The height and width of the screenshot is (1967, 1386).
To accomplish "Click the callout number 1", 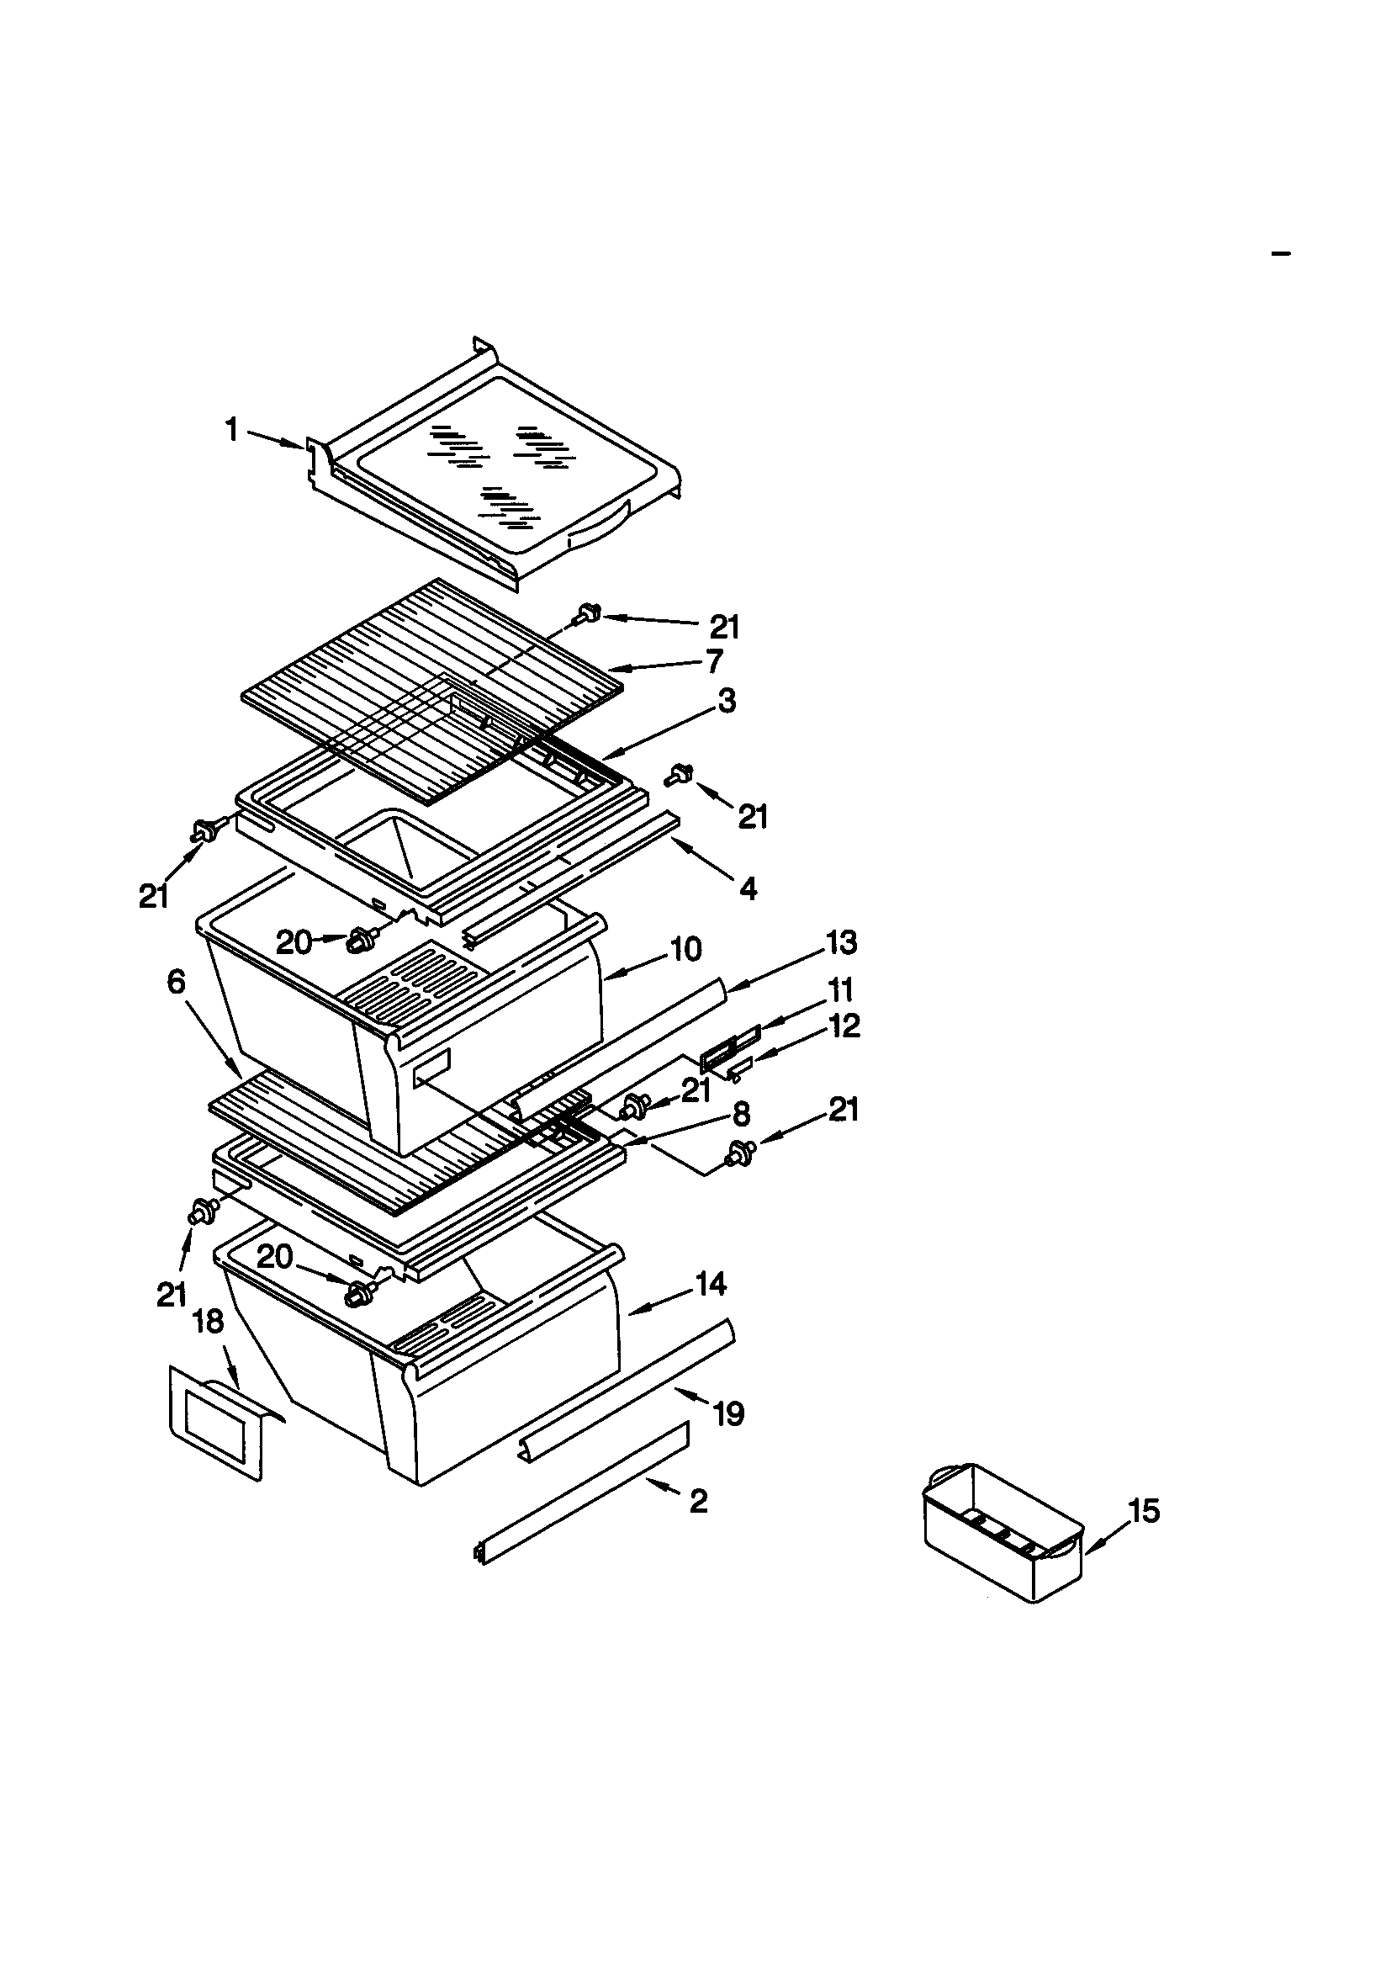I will pos(231,429).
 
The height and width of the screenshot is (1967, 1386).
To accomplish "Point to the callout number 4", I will pos(748,888).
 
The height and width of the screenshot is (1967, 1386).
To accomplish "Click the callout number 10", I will pos(685,948).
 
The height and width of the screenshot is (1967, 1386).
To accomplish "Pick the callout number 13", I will pos(840,942).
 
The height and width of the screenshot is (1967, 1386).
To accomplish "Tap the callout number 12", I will pos(844,1025).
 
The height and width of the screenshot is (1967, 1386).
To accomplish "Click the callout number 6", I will pos(176,982).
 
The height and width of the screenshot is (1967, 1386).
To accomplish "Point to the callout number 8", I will pos(741,1114).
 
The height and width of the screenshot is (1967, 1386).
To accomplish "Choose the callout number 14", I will pos(710,1283).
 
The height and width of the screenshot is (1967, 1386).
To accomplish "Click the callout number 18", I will pos(209,1322).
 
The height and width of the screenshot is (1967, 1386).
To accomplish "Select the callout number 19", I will pos(728,1413).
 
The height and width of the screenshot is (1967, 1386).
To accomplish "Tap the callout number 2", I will pos(698,1500).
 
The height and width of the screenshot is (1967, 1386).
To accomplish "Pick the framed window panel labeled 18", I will pos(216,1425).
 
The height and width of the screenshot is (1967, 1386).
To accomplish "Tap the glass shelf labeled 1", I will pos(497,480).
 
